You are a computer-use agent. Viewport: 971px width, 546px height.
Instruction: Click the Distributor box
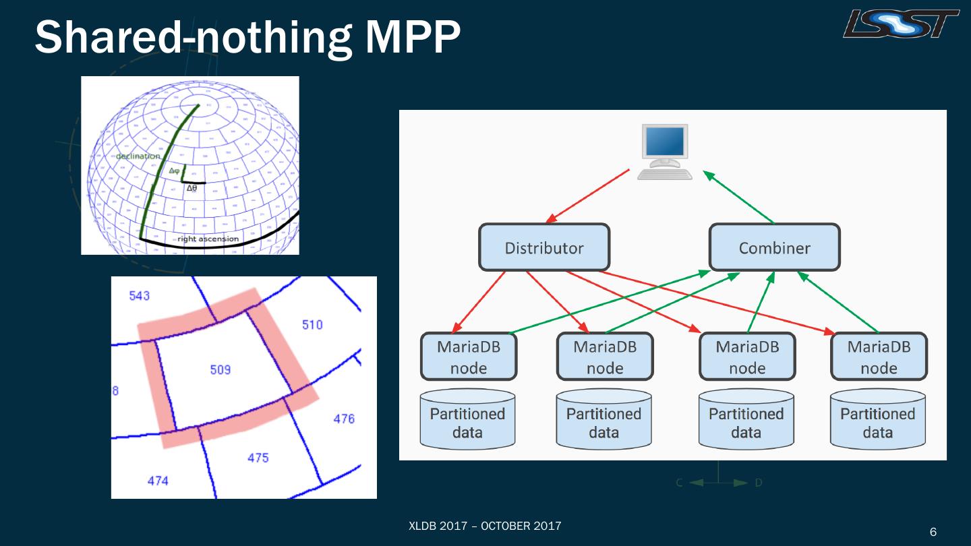[544, 247]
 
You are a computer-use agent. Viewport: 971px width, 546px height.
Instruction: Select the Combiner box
[774, 247]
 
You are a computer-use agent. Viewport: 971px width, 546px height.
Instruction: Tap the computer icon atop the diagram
[666, 152]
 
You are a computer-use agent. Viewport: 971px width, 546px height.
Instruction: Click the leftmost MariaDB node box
[469, 357]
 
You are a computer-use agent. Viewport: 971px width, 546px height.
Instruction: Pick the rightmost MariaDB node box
[879, 357]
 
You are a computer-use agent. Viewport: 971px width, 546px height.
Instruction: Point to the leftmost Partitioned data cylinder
[467, 420]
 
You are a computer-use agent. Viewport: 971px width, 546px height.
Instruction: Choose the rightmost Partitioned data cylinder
[877, 420]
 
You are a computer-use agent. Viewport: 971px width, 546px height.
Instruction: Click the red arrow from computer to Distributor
[588, 195]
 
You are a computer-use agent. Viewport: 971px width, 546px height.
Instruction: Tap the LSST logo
[901, 24]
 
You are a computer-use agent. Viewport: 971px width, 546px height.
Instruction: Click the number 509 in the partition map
[220, 369]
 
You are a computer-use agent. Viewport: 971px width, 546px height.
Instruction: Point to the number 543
[139, 295]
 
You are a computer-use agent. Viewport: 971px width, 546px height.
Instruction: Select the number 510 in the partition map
[312, 325]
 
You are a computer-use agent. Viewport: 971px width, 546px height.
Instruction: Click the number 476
[344, 419]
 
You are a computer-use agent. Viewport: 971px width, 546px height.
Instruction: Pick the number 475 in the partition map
[258, 458]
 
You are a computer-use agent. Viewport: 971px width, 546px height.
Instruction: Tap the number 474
[158, 481]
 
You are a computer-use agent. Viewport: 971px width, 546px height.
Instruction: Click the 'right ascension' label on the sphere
[208, 239]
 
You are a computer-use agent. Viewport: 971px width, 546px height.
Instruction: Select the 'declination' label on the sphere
[138, 156]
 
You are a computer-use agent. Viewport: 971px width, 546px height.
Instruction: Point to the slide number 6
[933, 532]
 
